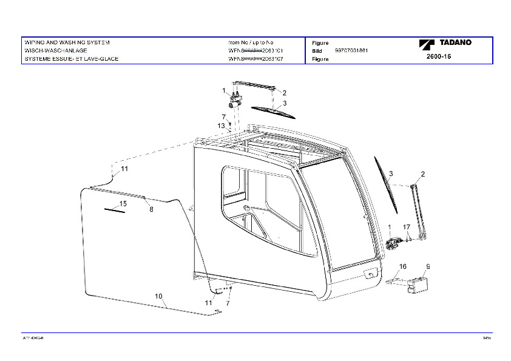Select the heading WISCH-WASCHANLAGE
pyautogui.click(x=56, y=51)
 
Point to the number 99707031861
pyautogui.click(x=351, y=51)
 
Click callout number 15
pyautogui.click(x=123, y=204)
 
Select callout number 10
pyautogui.click(x=159, y=296)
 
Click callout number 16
pyautogui.click(x=402, y=266)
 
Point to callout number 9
pyautogui.click(x=428, y=266)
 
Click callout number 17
pyautogui.click(x=407, y=227)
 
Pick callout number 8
pyautogui.click(x=151, y=209)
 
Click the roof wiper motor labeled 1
pyautogui.click(x=237, y=99)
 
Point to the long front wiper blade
pyautogui.click(x=387, y=184)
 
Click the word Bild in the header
pyautogui.click(x=316, y=51)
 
